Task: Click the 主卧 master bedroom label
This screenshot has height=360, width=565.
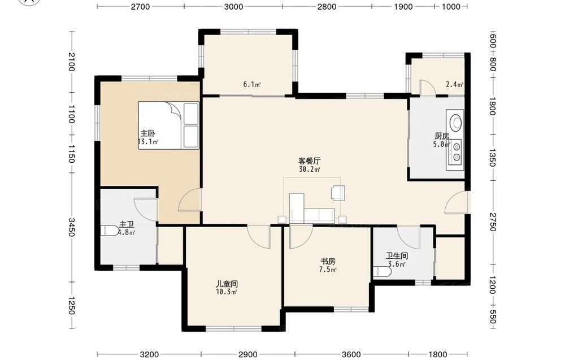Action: coord(147,134)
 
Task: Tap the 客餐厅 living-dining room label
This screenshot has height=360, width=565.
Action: coord(310,161)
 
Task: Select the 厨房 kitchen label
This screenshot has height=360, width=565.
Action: coord(442,136)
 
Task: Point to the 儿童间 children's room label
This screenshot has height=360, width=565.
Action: coord(227,284)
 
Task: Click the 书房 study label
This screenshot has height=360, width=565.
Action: coord(328,261)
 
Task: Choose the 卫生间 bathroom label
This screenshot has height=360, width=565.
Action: coord(397,256)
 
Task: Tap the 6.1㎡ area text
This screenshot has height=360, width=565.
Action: coord(252,85)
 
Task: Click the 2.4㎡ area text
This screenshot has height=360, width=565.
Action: coord(454,85)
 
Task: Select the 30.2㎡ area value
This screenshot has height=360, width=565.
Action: coord(310,170)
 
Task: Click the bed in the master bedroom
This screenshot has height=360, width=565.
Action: coord(168,125)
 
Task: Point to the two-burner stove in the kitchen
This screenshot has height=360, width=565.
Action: coord(455,151)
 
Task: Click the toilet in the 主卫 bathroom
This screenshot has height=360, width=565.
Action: coord(110,231)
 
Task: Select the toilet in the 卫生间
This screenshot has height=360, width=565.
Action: coord(382,272)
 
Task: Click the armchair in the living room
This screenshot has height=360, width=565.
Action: coord(338,192)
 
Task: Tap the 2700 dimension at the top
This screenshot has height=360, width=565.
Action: coord(140,6)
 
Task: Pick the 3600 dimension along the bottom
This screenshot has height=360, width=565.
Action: coord(351,354)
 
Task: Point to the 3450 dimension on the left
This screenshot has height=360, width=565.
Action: coord(72,227)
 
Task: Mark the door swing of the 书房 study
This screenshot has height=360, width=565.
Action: coord(301,237)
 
